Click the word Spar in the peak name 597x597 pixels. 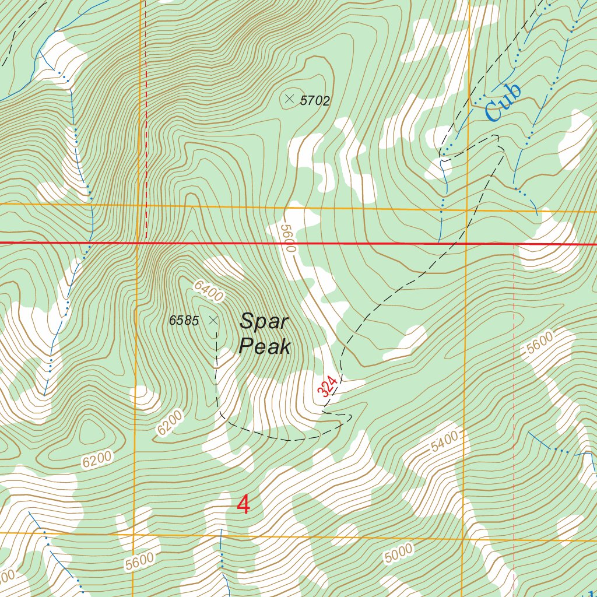point(264,321)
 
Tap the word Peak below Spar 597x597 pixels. point(265,347)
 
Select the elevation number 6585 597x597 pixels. point(184,320)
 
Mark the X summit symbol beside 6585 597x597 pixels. point(213,319)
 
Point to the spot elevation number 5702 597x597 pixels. point(315,101)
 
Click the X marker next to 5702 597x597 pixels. point(289,99)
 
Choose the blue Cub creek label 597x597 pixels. point(501,103)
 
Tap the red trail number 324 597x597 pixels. point(328,387)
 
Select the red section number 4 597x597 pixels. point(244,505)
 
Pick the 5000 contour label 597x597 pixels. point(399,553)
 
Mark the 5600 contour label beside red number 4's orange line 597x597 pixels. point(139,561)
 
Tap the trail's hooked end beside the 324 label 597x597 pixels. point(349,416)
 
